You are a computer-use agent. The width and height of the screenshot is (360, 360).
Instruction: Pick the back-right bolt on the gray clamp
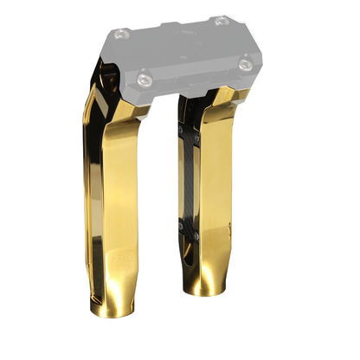click(x=222, y=19)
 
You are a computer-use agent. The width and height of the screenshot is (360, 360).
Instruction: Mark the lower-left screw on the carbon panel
click(x=183, y=227)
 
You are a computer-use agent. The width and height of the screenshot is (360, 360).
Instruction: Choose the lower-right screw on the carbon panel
click(x=200, y=222)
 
